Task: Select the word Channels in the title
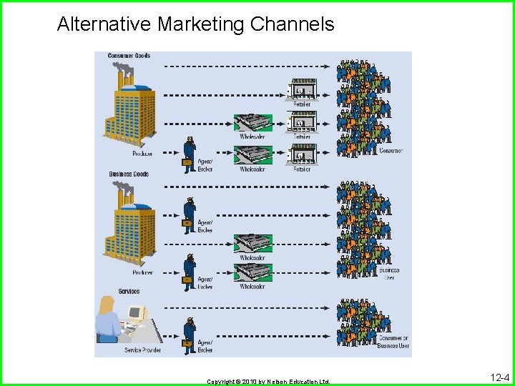click(292, 24)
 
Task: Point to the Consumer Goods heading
click(129, 56)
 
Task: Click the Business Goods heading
click(129, 174)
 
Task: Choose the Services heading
click(129, 292)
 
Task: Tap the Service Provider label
click(142, 350)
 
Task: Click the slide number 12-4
click(499, 377)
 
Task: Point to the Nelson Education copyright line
click(268, 382)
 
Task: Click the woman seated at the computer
click(109, 320)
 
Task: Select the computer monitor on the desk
click(136, 313)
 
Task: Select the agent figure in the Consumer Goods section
click(189, 152)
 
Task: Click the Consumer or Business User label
click(394, 342)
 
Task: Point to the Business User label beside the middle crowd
click(390, 274)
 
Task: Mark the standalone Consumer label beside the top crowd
click(391, 151)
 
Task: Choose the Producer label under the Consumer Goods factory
click(142, 154)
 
